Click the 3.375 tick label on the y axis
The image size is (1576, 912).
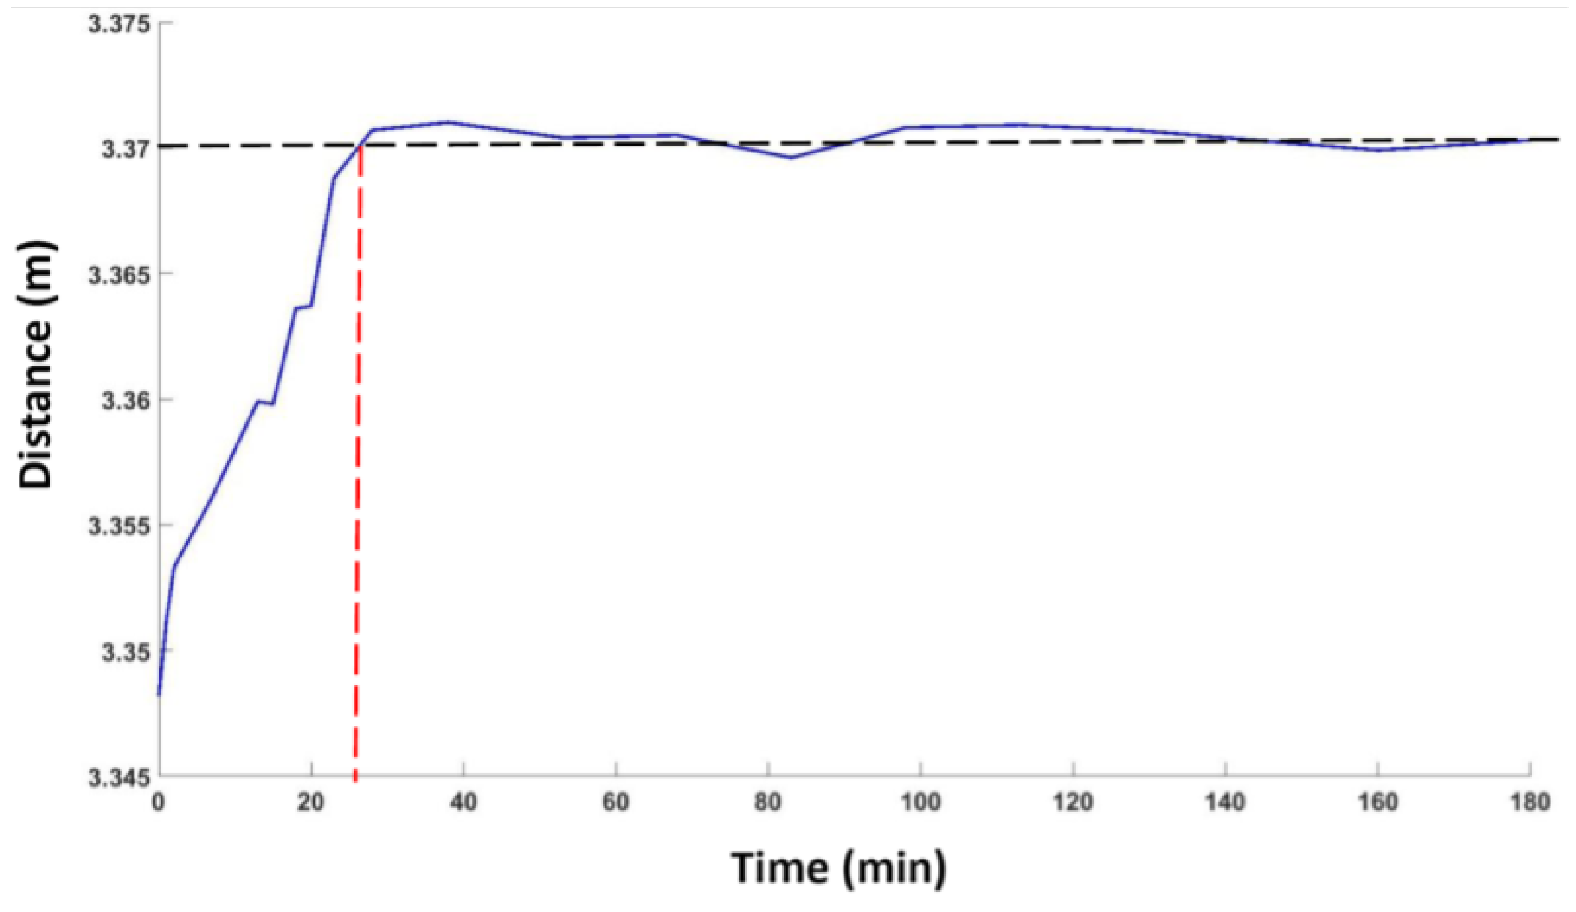119,24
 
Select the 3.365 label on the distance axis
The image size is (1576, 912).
119,274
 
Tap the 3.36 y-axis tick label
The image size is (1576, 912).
126,400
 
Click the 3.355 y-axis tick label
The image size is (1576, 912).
119,526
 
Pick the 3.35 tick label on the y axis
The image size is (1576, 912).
126,653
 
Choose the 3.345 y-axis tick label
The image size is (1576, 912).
119,778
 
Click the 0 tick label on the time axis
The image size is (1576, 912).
158,801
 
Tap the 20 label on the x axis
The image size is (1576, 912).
311,801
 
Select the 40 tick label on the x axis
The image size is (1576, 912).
463,801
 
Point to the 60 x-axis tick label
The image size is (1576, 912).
616,801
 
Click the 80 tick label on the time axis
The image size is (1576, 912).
768,801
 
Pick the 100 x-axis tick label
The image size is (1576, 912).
920,801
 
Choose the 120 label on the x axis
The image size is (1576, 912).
1073,801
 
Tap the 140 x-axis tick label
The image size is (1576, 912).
1226,801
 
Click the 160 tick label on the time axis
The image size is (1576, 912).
1378,801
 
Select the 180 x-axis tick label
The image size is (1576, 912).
1530,801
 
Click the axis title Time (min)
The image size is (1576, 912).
839,868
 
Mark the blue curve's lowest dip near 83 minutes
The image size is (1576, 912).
791,158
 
